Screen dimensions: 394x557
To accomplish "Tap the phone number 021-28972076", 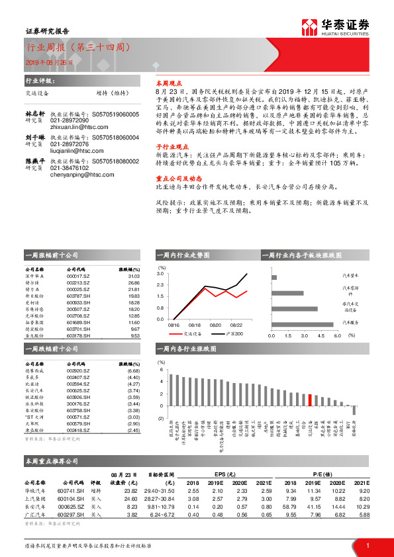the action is tap(70, 144).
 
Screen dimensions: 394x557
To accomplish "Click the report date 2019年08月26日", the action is tap(49, 62).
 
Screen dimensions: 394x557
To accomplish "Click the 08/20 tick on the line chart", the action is tap(215, 325).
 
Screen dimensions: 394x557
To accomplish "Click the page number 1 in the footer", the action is tap(368, 545).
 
